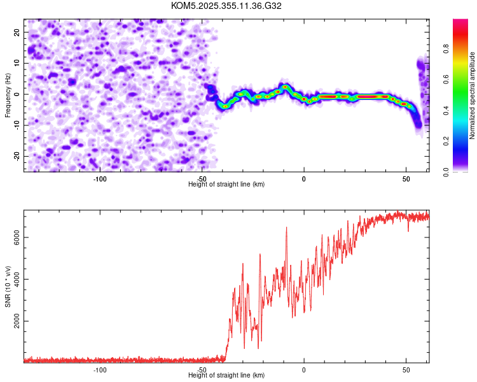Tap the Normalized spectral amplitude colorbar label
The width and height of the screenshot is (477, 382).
click(x=473, y=95)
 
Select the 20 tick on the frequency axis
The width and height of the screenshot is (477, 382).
click(x=17, y=32)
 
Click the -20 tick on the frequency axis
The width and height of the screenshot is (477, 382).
click(x=15, y=156)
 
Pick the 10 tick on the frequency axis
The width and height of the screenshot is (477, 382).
click(x=17, y=63)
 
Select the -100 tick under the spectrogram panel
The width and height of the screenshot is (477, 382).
click(x=100, y=179)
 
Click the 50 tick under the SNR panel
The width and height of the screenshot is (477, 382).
click(x=406, y=370)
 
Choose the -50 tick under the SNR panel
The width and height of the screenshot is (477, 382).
click(x=202, y=370)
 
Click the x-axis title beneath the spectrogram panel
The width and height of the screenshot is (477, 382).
click(x=226, y=185)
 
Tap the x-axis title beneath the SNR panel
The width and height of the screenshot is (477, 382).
click(x=226, y=376)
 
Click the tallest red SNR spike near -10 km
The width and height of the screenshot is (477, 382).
click(x=286, y=227)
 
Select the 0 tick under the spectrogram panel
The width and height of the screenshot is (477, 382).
click(x=304, y=179)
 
